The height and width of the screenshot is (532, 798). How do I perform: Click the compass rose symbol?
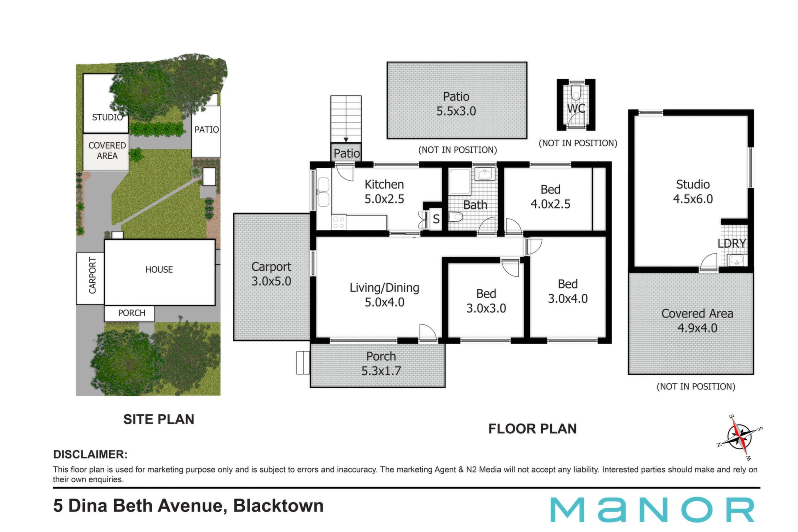tap(740, 438)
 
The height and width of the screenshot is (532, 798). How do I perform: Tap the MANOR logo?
tap(652, 510)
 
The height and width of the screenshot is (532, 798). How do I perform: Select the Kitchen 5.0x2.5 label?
tap(384, 192)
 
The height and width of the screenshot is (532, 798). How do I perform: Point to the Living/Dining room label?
tap(384, 295)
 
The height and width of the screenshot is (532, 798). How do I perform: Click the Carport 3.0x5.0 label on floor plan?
tap(271, 274)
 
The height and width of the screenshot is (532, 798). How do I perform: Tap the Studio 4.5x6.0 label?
tap(693, 192)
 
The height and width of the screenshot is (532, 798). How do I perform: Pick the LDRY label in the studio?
tap(732, 243)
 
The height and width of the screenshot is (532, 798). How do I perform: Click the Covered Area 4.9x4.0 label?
tap(697, 320)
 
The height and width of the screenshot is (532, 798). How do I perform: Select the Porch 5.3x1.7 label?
tap(381, 363)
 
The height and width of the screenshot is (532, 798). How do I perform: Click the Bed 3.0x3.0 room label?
tap(486, 301)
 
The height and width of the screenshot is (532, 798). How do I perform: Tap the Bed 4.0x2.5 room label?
tap(551, 197)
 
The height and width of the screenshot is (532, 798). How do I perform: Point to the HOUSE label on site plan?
tap(159, 270)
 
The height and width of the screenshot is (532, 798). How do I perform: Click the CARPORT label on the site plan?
tap(92, 275)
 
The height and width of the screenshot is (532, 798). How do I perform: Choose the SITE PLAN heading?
tap(159, 419)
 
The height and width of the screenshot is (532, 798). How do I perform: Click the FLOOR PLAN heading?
tap(532, 429)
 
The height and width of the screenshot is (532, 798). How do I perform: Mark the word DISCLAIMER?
tap(90, 454)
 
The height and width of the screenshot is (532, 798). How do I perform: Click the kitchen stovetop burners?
tap(339, 222)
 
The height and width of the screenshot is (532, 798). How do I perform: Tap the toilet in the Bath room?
tap(456, 217)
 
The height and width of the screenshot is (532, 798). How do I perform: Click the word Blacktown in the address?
tap(278, 506)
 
